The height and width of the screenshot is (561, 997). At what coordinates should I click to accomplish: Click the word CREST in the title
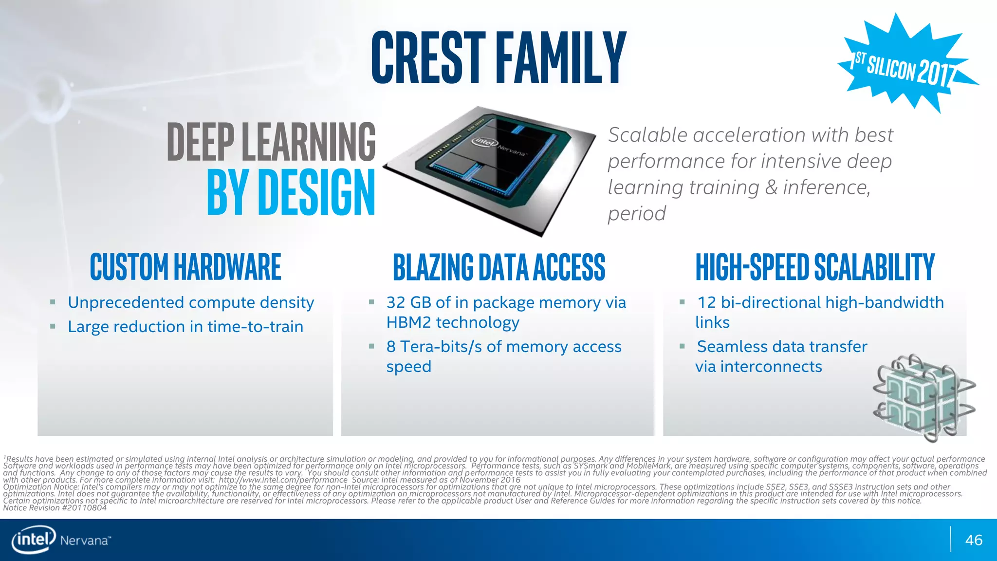click(428, 57)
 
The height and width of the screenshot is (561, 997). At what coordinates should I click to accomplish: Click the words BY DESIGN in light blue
click(291, 192)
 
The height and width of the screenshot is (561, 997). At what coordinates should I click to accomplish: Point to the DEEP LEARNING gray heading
click(271, 142)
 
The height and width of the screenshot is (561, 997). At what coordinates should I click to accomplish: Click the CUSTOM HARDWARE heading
click(185, 267)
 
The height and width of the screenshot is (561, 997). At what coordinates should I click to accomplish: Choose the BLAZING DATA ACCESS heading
click(498, 267)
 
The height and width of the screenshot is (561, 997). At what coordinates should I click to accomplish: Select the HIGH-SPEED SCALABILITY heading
click(814, 267)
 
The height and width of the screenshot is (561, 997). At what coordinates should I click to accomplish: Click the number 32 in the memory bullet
click(395, 302)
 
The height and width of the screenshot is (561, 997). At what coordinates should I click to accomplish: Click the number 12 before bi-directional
click(706, 302)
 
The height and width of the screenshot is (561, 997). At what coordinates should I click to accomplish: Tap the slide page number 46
click(974, 540)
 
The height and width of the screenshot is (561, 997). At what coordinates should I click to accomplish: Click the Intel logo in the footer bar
click(33, 539)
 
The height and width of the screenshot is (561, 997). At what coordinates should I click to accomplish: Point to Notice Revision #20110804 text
click(55, 508)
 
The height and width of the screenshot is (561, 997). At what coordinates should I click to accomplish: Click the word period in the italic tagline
click(636, 214)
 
